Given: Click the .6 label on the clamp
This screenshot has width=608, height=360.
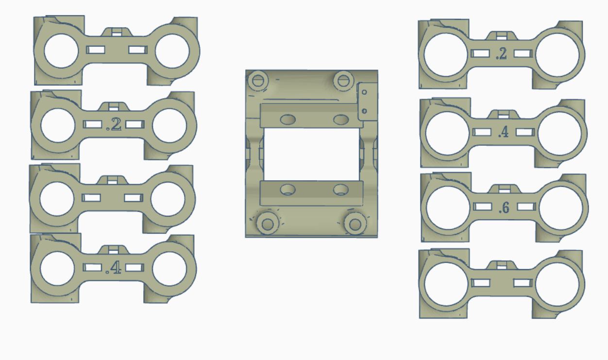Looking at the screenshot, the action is click(504, 208).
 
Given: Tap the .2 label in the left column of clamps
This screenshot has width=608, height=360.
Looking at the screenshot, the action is click(114, 125).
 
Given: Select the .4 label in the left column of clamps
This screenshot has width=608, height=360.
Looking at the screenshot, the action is click(113, 268).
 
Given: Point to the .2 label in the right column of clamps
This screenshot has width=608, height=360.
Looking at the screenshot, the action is click(501, 54).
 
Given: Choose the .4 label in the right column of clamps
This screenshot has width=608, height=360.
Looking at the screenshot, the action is click(503, 132).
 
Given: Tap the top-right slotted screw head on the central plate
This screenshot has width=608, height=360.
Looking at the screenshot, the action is click(344, 80).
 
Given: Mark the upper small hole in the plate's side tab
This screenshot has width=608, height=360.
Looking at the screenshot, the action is click(364, 92).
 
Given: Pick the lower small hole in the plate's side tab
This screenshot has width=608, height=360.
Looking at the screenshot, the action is click(364, 111).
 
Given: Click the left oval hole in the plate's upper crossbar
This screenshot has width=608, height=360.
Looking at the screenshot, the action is click(288, 120).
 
